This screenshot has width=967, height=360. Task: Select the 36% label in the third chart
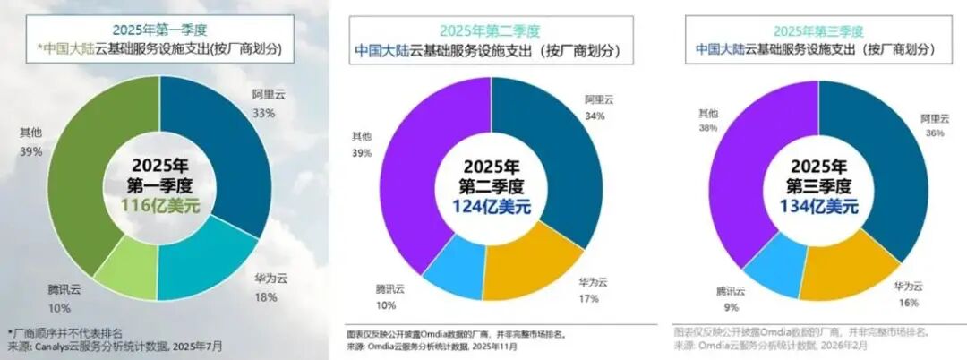point(935,132)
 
